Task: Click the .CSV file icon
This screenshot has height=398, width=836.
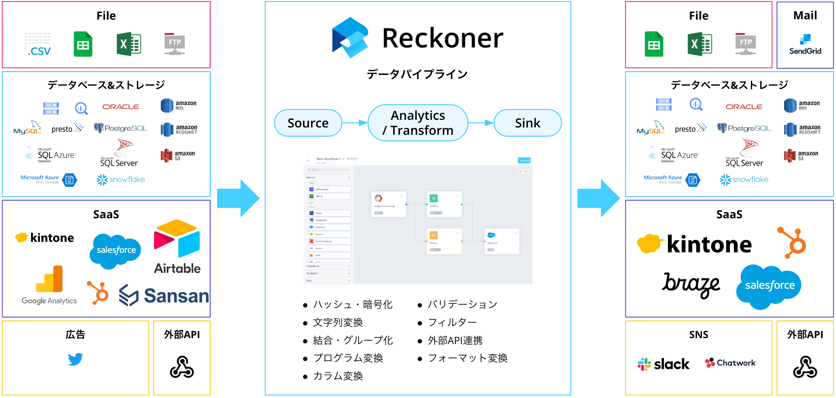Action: point(38,44)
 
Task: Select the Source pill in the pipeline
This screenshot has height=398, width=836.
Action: point(308,123)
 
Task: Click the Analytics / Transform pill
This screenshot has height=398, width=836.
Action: point(418,123)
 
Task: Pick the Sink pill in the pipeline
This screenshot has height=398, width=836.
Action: point(527,123)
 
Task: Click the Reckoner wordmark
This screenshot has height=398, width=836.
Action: point(443,38)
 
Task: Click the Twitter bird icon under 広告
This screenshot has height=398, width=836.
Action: point(75,359)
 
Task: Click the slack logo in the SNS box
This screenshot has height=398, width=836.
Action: point(663,364)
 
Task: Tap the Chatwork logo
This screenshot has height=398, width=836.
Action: point(730,363)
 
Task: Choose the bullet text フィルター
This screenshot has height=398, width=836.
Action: point(452,322)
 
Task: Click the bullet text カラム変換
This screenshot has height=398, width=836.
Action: point(337,376)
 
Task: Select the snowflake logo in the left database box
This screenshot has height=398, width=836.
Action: point(120,180)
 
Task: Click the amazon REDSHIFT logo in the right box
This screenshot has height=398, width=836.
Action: point(802,129)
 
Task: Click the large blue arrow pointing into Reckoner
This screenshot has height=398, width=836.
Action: point(238,198)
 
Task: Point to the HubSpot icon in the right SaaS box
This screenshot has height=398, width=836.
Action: point(792,242)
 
